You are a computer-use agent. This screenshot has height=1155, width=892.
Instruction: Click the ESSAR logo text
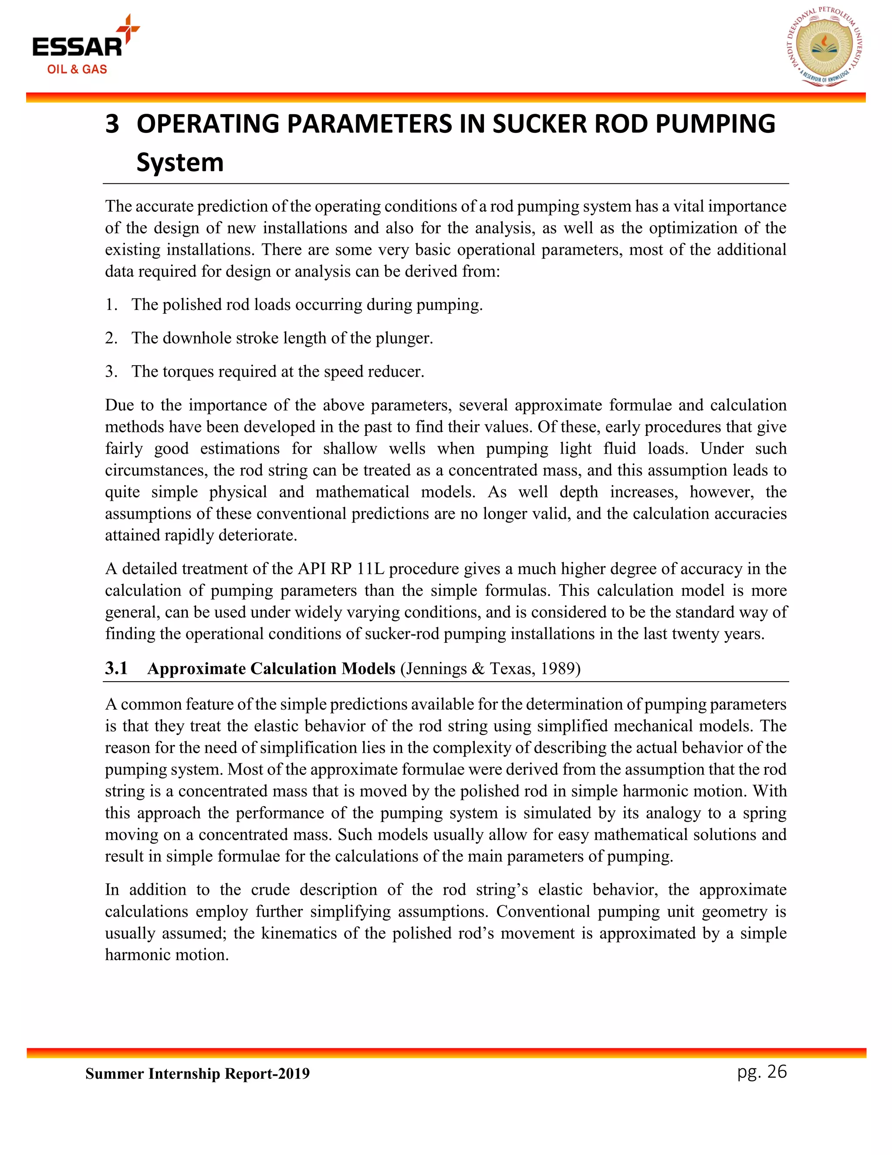(77, 47)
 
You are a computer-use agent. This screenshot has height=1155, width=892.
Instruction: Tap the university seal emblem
(824, 48)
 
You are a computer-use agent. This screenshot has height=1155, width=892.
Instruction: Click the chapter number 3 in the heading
(112, 124)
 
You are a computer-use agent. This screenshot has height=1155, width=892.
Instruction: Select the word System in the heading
(180, 163)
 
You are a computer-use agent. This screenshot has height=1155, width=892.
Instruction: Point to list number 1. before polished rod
(111, 305)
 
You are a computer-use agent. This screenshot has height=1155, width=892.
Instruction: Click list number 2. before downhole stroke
(111, 338)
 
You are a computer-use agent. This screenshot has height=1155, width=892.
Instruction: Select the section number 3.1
(116, 669)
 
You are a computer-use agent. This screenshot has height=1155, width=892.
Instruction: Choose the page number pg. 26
(762, 1071)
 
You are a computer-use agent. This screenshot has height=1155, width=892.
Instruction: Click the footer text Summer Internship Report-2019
(197, 1073)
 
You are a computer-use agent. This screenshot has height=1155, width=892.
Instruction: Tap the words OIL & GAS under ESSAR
(77, 69)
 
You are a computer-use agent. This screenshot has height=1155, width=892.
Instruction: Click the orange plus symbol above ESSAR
(128, 27)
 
